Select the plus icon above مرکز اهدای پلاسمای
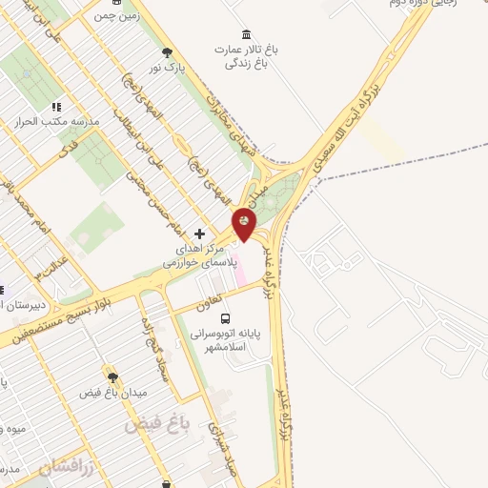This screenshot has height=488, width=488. pyautogui.click(x=198, y=234)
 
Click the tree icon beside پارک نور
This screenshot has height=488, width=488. pyautogui.click(x=169, y=53)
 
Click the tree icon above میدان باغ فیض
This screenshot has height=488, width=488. pyautogui.click(x=112, y=377)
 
